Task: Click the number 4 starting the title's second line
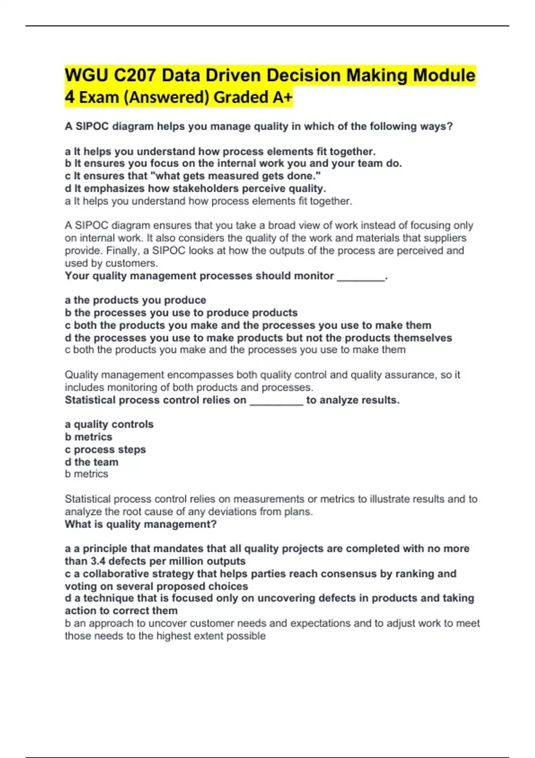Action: pos(70,97)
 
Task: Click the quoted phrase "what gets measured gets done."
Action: pos(238,176)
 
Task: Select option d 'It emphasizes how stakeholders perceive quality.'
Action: pos(195,189)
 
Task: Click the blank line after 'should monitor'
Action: pos(361,276)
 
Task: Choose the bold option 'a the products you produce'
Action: pos(136,300)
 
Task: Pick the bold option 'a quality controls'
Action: pos(109,424)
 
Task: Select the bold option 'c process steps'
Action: pos(105,449)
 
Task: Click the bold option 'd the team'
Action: pos(91,462)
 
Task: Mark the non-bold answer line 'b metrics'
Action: pos(86,474)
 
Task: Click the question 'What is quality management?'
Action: pos(140,524)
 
